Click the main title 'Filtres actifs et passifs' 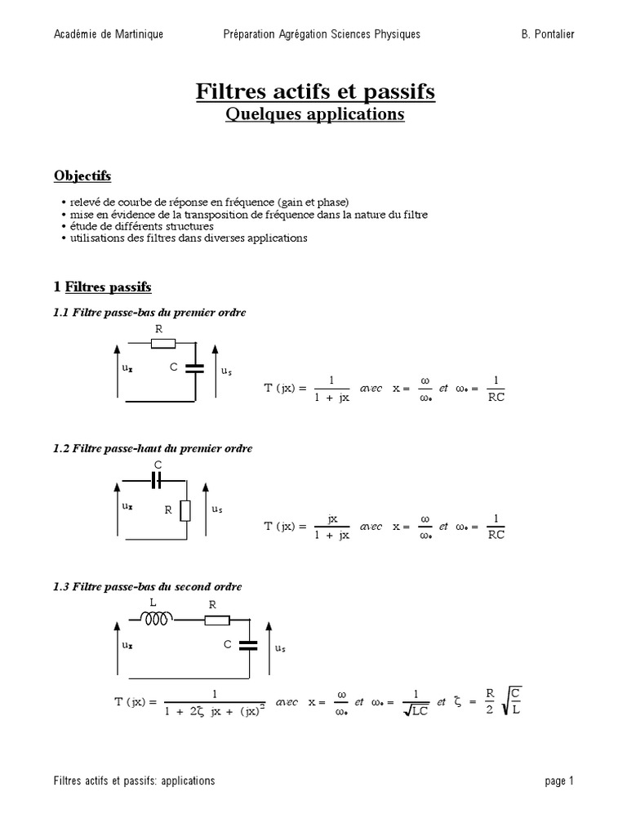click(x=315, y=91)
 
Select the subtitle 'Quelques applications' click(x=315, y=114)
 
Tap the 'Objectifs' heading click(x=82, y=176)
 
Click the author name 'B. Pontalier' click(x=547, y=33)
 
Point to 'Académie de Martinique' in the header click(x=109, y=33)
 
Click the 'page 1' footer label click(x=559, y=780)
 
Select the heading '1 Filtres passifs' click(x=102, y=287)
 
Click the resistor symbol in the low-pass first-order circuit click(x=159, y=342)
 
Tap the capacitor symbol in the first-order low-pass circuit click(x=195, y=367)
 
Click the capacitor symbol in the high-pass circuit click(x=158, y=480)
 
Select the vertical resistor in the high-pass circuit click(x=185, y=510)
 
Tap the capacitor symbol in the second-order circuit click(x=248, y=645)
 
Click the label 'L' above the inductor click(x=153, y=603)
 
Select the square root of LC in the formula click(x=416, y=712)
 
